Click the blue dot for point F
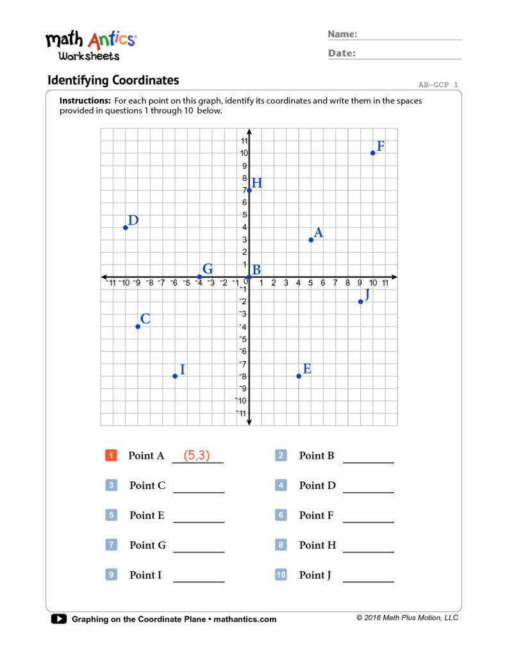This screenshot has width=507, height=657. click(x=372, y=153)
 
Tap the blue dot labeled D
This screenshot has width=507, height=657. click(x=126, y=227)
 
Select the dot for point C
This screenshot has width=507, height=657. click(x=138, y=327)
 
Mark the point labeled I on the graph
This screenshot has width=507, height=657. click(x=175, y=376)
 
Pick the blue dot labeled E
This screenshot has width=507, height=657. click(x=299, y=376)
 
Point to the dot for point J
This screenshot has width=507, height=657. click(x=360, y=302)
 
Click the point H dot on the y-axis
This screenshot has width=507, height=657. click(x=249, y=190)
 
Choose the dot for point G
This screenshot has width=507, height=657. click(x=199, y=277)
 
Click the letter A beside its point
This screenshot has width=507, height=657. click(x=318, y=233)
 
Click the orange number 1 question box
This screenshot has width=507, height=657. click(x=111, y=456)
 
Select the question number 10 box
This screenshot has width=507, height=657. click(x=281, y=575)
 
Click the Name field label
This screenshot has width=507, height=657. click(x=342, y=34)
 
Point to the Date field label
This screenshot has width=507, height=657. click(x=342, y=53)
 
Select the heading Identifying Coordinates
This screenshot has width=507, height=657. click(x=113, y=80)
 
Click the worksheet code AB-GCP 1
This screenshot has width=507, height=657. click(x=438, y=84)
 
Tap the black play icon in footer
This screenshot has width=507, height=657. click(x=58, y=619)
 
